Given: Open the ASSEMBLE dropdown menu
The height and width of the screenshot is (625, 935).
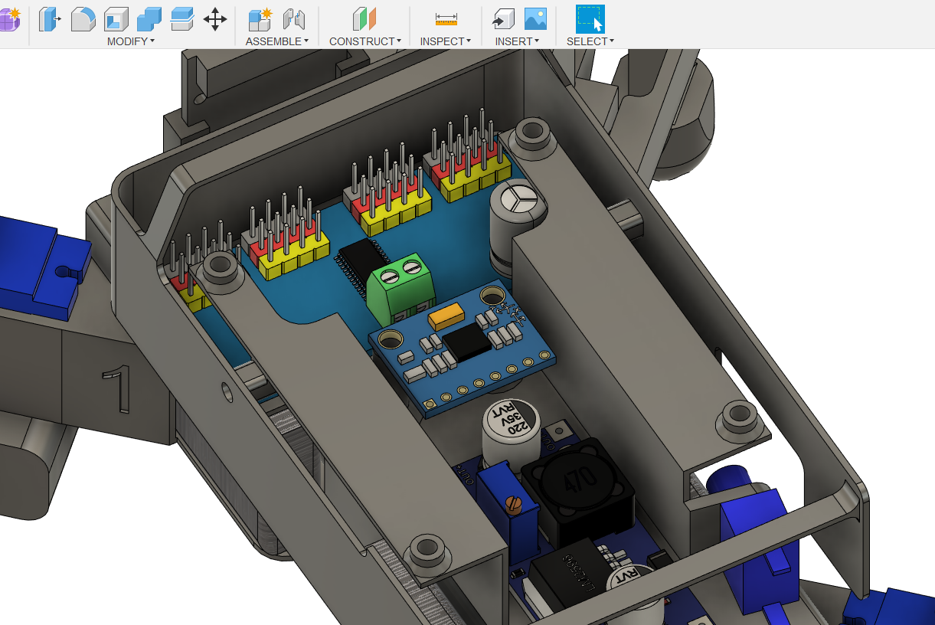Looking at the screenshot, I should coord(276,41).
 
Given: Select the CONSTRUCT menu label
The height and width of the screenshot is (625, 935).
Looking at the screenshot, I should coord(365,41).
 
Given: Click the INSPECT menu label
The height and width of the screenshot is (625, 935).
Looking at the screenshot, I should coord(445,41).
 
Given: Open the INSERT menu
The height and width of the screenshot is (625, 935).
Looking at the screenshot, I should coord(517,41).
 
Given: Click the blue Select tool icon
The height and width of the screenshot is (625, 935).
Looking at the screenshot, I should coord(590,18).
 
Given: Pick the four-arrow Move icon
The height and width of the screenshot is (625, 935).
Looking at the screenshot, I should coord(215,19).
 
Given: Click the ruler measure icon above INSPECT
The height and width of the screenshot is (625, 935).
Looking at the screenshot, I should coord(446,19).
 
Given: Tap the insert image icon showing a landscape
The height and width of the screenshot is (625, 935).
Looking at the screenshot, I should coord(535,19).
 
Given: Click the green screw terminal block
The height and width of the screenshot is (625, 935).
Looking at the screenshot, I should coord(401,286).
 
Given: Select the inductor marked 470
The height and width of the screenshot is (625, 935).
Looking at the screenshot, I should coord(577,483).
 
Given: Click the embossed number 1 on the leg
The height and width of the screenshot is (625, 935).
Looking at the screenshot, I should coord(116,388).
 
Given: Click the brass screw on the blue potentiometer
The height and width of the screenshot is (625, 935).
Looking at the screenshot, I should coord(515,503).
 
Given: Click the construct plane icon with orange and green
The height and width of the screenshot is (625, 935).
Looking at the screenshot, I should coord(365,19).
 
